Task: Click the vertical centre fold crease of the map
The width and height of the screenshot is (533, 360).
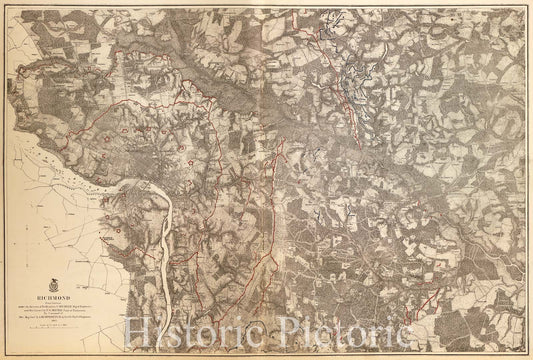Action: click(x=266, y=150)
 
